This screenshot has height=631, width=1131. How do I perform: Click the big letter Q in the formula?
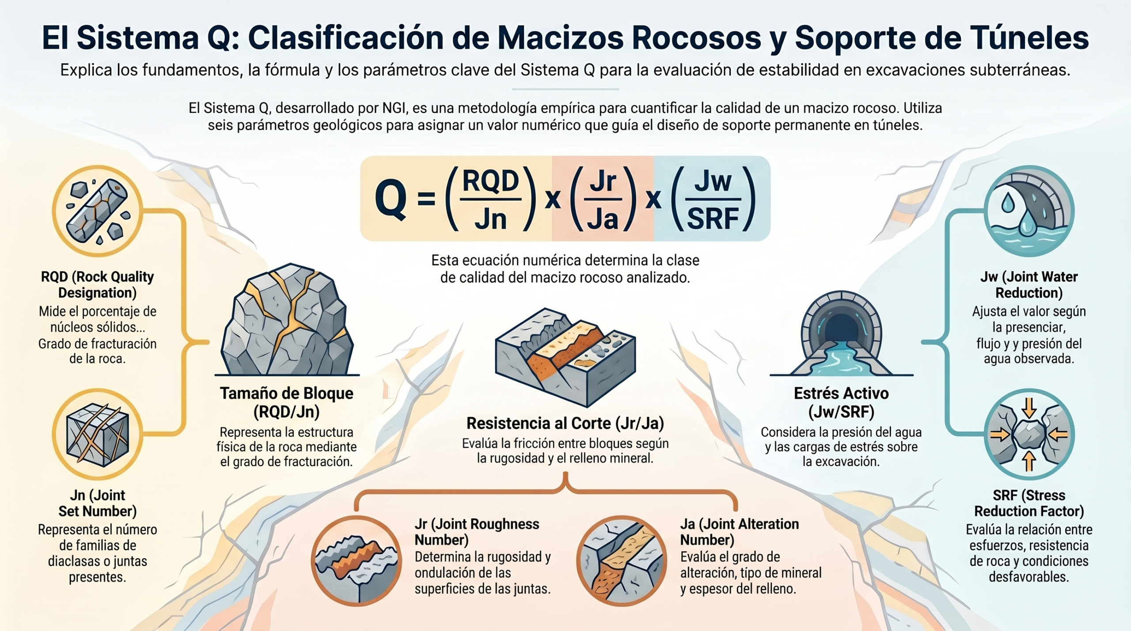pos(391,200)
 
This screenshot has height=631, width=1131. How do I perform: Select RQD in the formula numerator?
pos(490,181)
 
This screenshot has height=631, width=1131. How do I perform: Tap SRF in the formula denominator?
pos(713,219)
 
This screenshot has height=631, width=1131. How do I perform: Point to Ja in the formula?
pos(603,219)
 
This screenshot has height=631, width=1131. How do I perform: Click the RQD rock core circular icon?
pos(97,211)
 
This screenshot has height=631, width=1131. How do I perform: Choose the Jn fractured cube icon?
pos(97,434)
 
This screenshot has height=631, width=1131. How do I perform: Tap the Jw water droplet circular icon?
pos(1029,211)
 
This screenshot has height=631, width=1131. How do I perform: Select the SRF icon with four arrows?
pos(1029,434)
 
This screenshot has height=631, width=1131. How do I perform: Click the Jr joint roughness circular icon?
pos(356,561)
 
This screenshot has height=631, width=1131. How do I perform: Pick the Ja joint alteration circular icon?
pos(622,561)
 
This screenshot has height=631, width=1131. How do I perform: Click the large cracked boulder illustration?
pos(287,320)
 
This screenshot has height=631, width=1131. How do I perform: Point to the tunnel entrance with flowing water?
pos(842,333)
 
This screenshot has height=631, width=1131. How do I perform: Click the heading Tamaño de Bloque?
pos(287,393)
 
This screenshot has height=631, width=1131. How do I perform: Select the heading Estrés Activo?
pos(841,393)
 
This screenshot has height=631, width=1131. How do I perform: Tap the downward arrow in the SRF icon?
pos(1029,408)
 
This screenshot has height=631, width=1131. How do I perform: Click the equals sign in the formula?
pos(426,200)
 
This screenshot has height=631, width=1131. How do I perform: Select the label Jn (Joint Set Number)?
pos(97,503)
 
